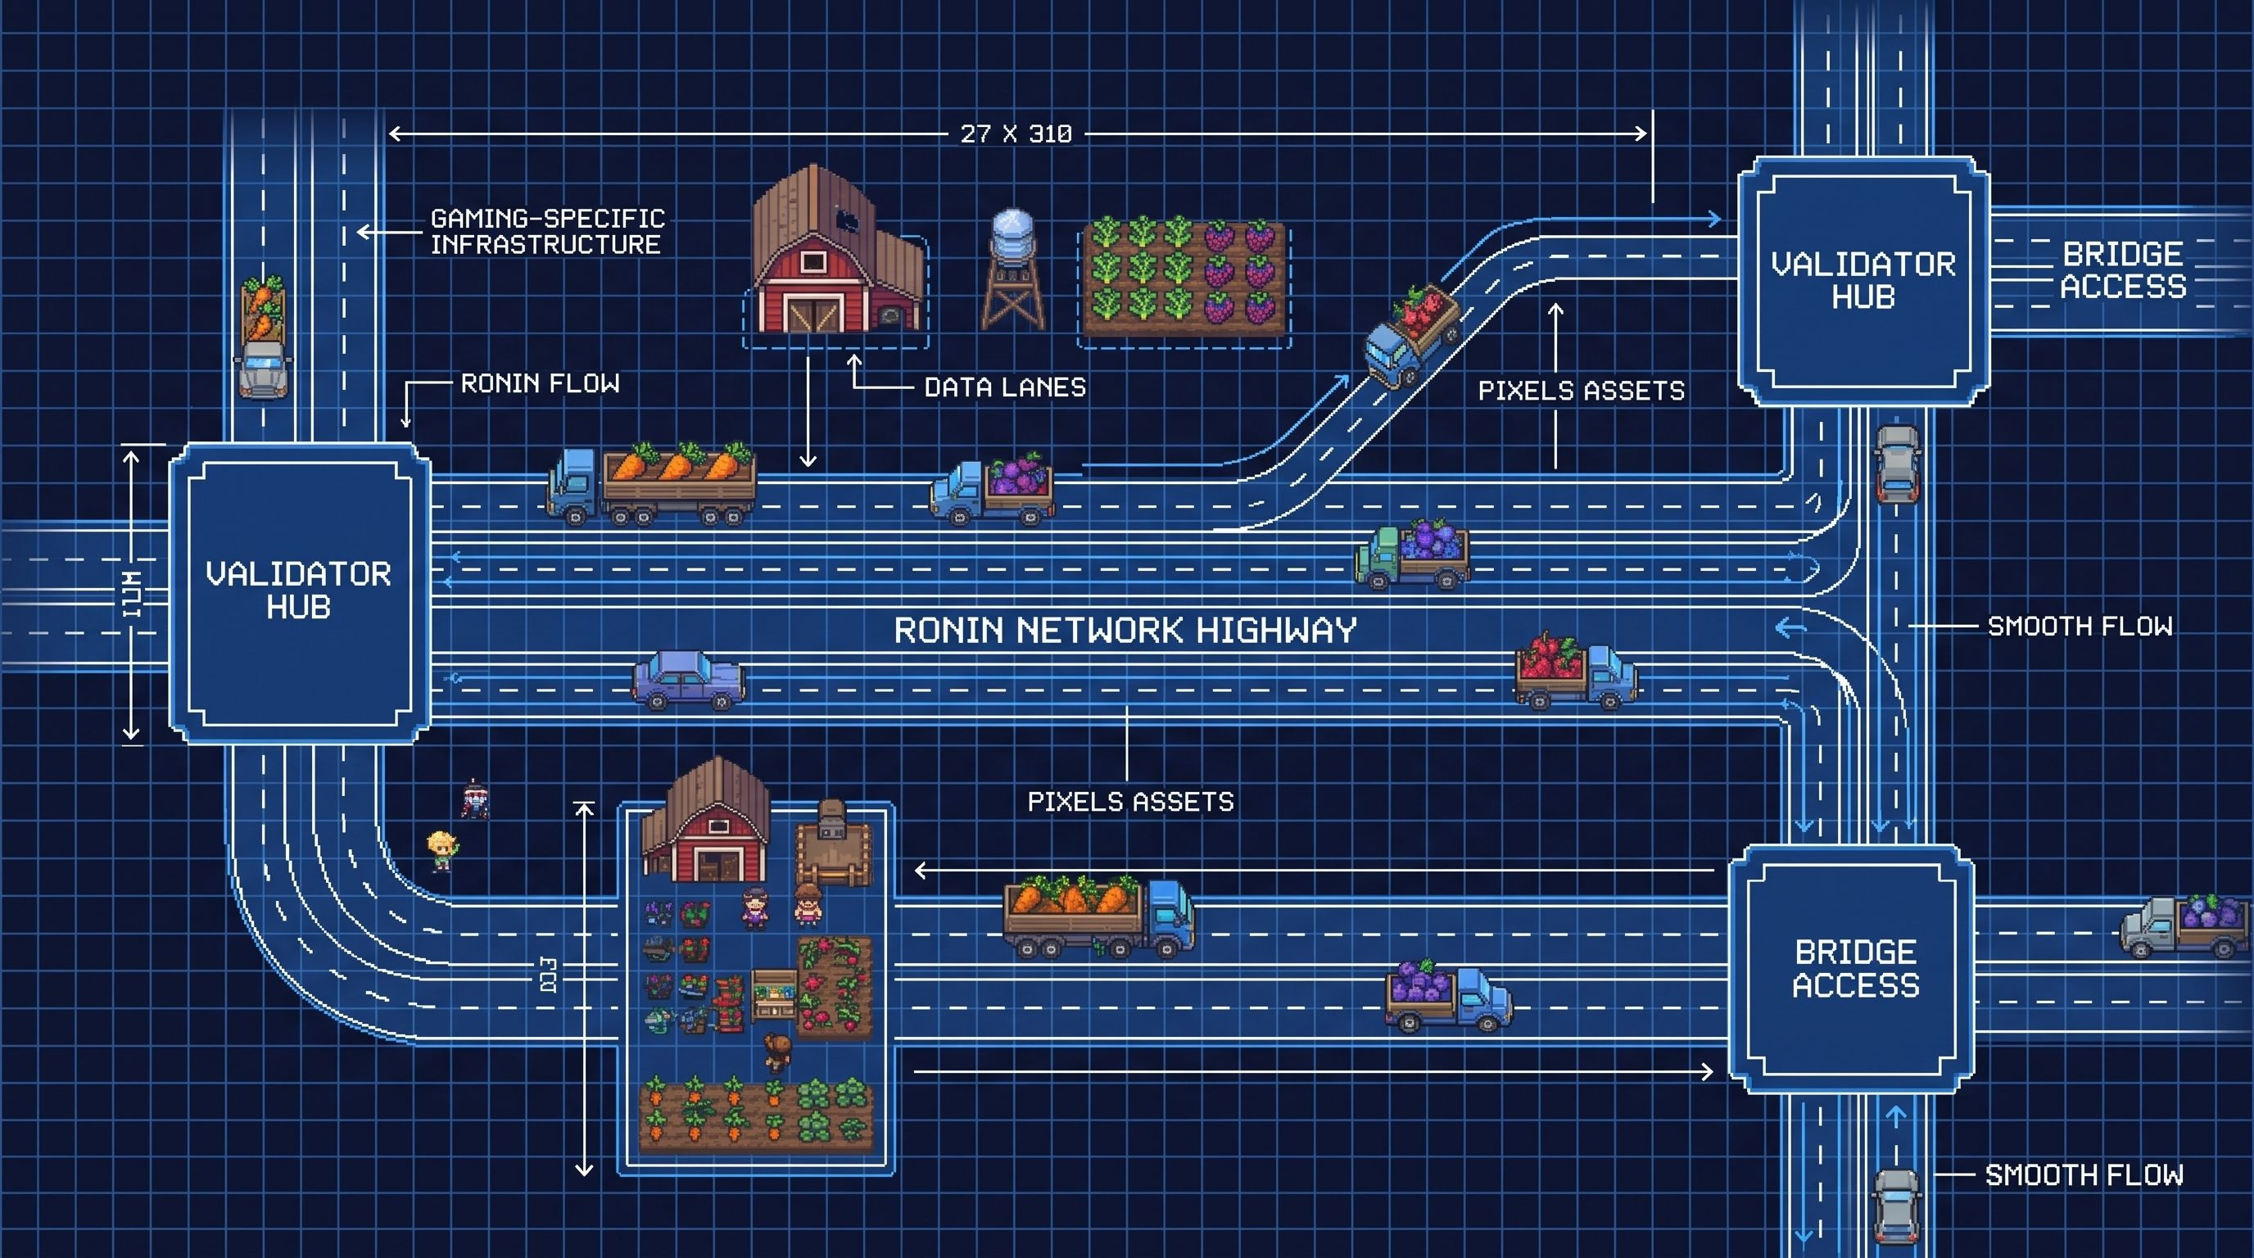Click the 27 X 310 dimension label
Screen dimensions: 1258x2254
[1016, 133]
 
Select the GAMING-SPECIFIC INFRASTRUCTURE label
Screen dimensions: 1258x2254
[546, 231]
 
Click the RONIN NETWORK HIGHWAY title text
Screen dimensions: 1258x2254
[1125, 630]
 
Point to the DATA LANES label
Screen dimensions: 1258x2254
[1004, 387]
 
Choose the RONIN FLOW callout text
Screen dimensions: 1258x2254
[540, 383]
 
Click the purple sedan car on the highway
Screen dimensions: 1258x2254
[689, 679]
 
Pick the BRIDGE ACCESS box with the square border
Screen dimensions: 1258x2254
[1853, 968]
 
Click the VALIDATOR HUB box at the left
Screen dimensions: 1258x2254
[299, 591]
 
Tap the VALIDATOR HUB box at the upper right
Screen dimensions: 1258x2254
[1862, 281]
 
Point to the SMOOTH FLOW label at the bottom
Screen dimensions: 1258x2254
[2084, 1175]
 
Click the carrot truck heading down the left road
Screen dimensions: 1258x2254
[262, 337]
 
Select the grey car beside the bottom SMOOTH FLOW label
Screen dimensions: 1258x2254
[1896, 1206]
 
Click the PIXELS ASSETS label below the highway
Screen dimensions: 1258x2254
[1130, 801]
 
